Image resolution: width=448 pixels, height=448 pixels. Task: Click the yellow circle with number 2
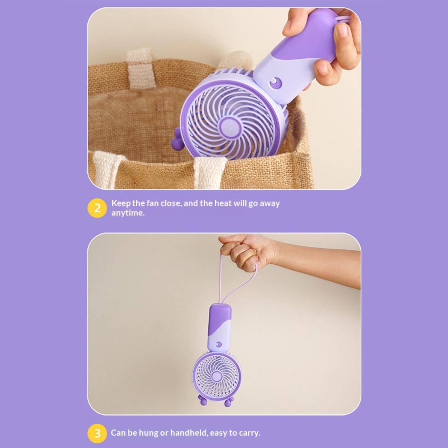[97, 208]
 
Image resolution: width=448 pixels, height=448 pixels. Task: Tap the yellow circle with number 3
[97, 433]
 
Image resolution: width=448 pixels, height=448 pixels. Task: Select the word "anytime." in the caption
[128, 213]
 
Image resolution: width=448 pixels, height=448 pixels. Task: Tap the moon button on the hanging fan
[219, 344]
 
